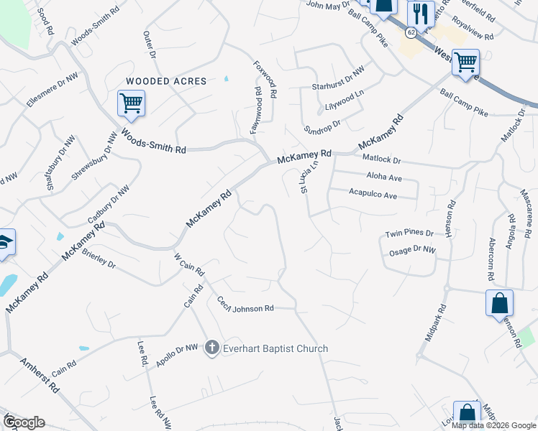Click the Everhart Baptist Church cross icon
211,348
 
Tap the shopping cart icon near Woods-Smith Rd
131,103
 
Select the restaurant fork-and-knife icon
420,14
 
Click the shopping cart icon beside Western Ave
465,61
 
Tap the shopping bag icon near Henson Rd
499,303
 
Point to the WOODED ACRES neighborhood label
166,81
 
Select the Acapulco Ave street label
373,195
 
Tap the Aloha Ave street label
383,177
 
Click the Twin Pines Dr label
409,233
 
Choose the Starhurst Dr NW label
338,86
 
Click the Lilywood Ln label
345,105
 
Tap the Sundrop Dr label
321,124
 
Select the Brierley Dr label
99,259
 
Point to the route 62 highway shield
410,32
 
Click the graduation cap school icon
4,243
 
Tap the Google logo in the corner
24,422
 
